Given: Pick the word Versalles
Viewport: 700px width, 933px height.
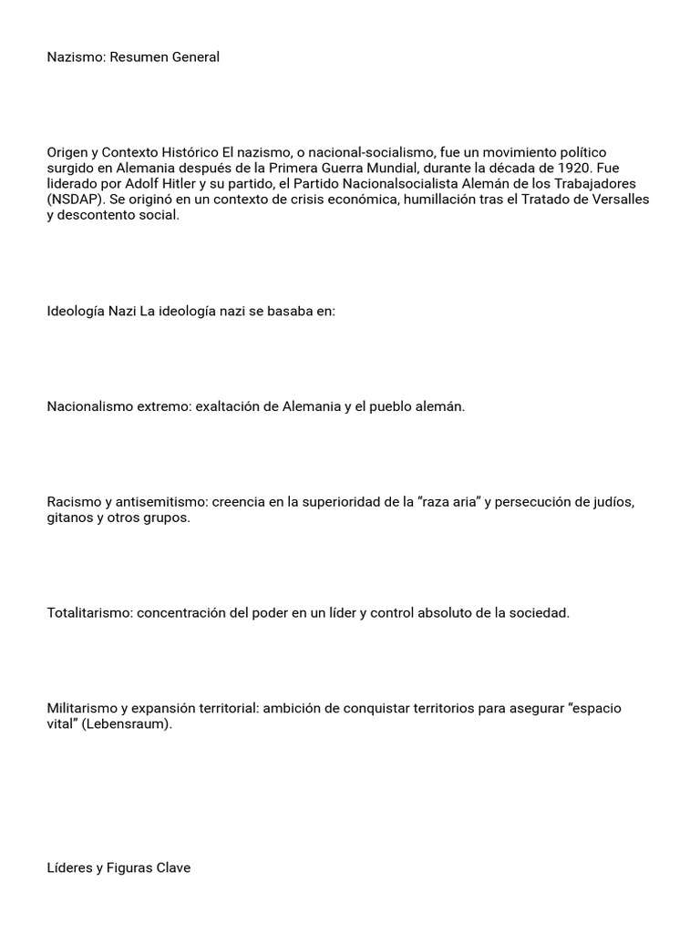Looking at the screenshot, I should point(619,200).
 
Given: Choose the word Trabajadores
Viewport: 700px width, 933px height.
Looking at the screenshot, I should point(596,184).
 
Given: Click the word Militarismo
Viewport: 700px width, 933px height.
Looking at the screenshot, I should point(82,709).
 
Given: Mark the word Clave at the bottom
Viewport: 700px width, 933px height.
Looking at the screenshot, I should point(174,868).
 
